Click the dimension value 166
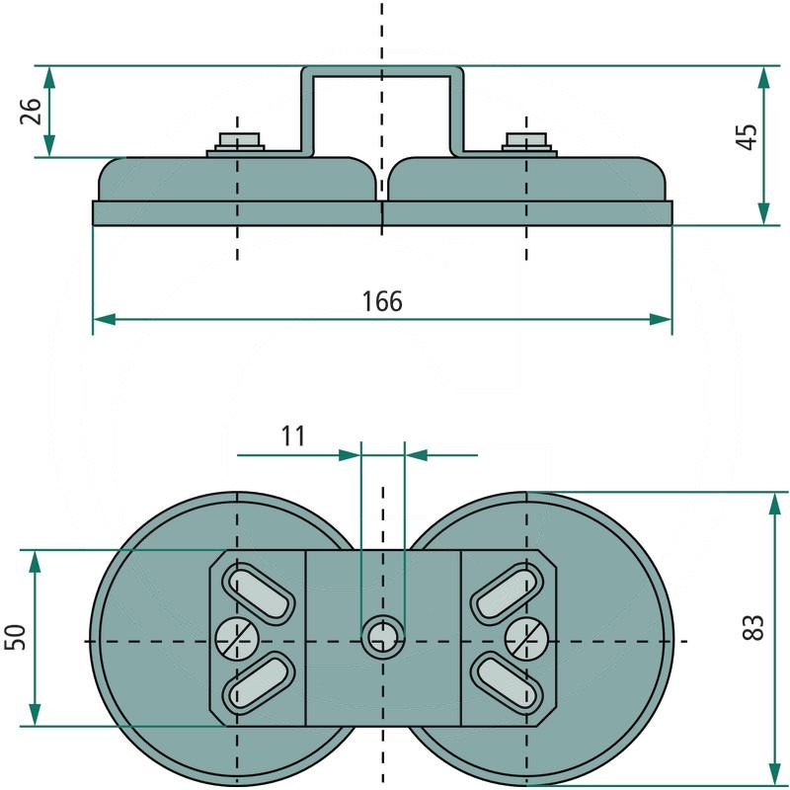point(382,301)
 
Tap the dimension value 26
point(31,111)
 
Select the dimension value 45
point(747,136)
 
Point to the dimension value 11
point(293,436)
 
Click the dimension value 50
point(15,637)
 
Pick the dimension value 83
point(752,627)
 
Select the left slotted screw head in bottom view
point(237,638)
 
